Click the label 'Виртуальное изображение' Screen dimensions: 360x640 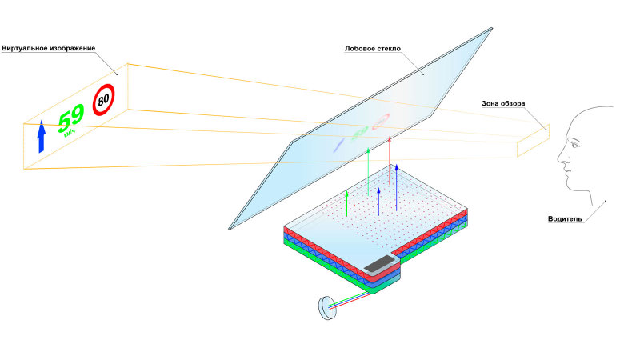click(49, 48)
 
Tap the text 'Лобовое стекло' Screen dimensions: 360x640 click(372, 48)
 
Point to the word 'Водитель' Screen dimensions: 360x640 click(566, 218)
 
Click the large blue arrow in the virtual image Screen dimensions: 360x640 click(41, 137)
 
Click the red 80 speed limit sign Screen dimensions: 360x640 click(103, 100)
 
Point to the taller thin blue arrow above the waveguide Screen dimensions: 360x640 click(396, 184)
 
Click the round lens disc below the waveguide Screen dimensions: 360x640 click(326, 308)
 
